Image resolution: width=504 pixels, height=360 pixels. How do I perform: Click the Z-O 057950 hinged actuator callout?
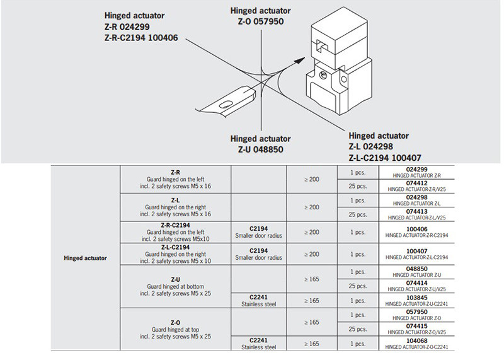coord(261,16)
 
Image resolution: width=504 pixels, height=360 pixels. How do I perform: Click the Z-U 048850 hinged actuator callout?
coord(261,144)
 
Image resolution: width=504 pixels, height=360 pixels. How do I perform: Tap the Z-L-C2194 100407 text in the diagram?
coord(385,157)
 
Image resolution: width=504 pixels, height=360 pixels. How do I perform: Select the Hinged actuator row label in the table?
coord(86,258)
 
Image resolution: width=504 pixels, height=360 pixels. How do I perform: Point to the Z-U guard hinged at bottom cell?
coord(176,286)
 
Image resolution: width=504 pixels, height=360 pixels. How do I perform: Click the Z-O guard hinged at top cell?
coord(176,329)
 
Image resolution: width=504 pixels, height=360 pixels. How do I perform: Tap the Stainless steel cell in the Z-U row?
coord(259,301)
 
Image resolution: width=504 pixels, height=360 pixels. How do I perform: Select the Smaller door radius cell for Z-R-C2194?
coord(259,232)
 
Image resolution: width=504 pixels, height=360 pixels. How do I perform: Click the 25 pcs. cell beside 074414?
coord(357,286)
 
